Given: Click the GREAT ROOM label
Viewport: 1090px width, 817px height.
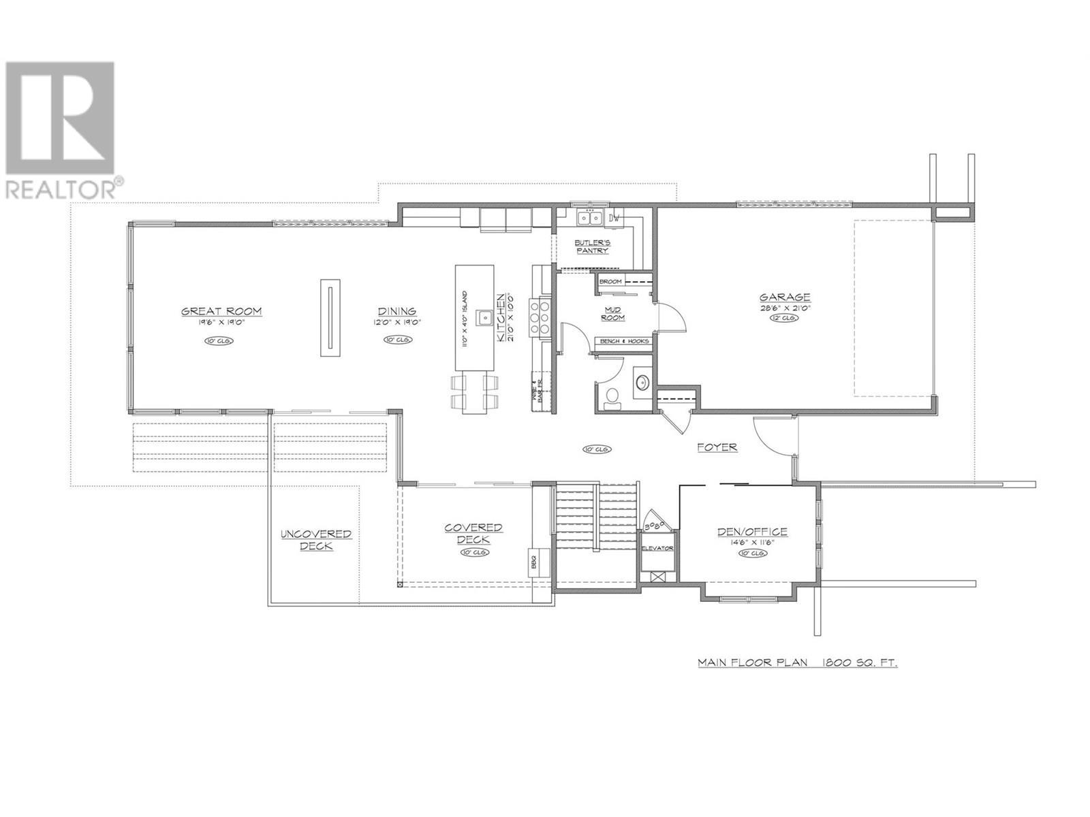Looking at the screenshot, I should coord(221,311).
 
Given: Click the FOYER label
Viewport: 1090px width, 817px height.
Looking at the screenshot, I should coord(717,447).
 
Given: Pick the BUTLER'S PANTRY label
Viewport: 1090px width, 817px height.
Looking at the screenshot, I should coord(592,246).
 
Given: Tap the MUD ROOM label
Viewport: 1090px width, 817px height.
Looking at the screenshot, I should coord(614,313).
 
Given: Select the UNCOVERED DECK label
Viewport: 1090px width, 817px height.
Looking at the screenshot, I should coord(316,540).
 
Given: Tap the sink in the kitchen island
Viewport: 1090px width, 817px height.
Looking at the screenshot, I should coord(485,317).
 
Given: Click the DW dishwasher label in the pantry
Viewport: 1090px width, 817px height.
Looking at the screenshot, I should coord(614,219).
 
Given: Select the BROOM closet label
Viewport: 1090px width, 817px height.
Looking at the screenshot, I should coord(610,281).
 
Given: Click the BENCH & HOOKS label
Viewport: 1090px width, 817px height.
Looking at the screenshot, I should coord(623,341).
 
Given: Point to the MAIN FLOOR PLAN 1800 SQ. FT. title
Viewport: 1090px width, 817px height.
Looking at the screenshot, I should coord(796,662).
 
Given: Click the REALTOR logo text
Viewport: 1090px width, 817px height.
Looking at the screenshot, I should coord(63,189).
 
